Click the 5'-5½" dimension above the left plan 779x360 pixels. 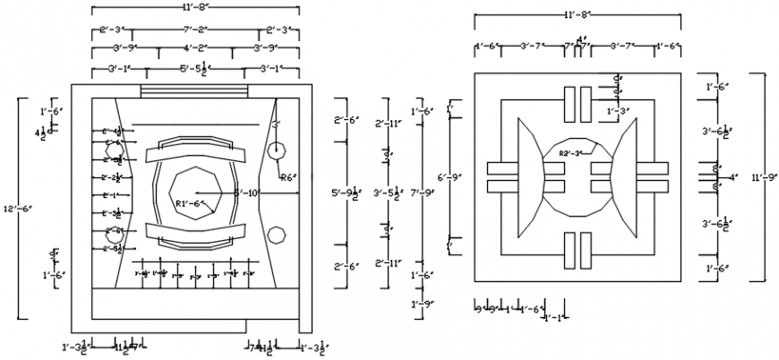(195, 68)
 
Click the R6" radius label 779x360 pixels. (288, 177)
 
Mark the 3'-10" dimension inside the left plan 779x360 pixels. (246, 192)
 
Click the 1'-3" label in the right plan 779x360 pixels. (619, 111)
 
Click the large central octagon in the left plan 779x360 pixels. (195, 191)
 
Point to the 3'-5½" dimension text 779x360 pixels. (388, 193)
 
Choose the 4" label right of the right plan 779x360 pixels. (732, 177)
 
